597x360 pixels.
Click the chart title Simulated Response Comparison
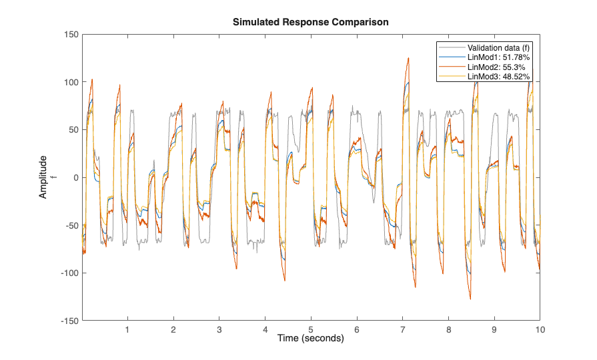310,22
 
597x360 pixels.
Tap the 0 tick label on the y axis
76,177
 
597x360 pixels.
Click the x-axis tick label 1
127,329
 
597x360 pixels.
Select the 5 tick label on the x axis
311,329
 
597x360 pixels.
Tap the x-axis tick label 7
402,329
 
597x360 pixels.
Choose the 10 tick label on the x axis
540,329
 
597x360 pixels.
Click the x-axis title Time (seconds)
310,339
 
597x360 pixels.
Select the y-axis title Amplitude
43,177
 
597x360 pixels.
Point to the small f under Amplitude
54,177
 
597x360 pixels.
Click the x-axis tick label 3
219,329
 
